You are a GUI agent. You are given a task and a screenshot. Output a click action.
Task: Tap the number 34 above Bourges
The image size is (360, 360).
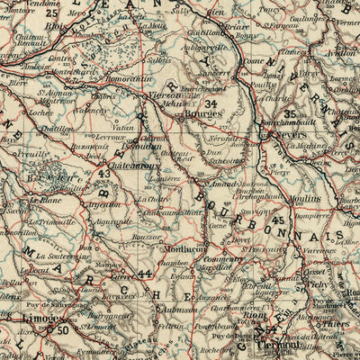point(211,103)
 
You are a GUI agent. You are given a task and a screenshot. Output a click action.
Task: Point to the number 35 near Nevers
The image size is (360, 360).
point(290,114)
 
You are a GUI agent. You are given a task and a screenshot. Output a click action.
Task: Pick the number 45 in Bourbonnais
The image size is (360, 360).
point(278,220)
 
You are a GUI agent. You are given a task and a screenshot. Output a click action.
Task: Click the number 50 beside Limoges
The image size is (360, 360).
point(62,330)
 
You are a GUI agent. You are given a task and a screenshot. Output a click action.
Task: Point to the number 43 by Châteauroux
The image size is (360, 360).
point(105,174)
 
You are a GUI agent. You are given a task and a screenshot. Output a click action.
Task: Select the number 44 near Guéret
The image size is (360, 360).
point(145,273)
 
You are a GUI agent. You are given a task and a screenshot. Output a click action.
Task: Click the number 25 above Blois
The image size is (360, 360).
point(52,13)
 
